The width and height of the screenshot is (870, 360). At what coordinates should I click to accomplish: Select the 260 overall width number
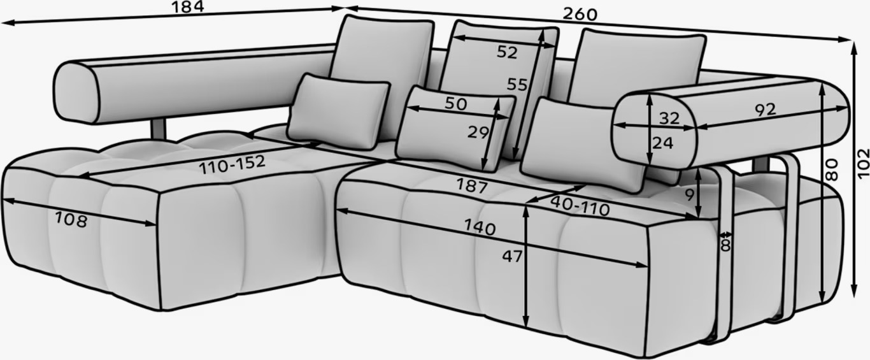tap(580, 15)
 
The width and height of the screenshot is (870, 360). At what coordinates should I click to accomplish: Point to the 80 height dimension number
tap(831, 169)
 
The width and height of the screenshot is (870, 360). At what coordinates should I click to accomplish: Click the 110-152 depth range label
tap(232, 164)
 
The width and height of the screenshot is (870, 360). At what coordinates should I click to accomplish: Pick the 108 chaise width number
tap(71, 219)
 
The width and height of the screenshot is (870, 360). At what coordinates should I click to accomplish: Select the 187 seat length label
tap(471, 185)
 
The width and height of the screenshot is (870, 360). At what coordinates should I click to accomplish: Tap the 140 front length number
tap(480, 227)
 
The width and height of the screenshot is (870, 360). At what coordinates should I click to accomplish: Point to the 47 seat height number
tap(513, 256)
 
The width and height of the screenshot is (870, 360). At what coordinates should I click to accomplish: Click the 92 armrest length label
tap(766, 110)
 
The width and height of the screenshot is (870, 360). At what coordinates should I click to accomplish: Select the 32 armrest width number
tap(669, 118)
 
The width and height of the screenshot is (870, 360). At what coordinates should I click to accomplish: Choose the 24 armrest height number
tap(662, 143)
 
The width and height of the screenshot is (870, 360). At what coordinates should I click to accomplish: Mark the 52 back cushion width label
tap(507, 52)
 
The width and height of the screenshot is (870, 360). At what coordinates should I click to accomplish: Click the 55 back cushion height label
tap(517, 84)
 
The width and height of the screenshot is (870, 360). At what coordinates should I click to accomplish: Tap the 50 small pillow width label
tap(456, 104)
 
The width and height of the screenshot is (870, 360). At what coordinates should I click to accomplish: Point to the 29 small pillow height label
tap(478, 133)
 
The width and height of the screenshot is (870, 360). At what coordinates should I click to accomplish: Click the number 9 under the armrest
tap(690, 195)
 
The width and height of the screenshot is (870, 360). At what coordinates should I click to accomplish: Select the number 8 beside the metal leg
tap(725, 246)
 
